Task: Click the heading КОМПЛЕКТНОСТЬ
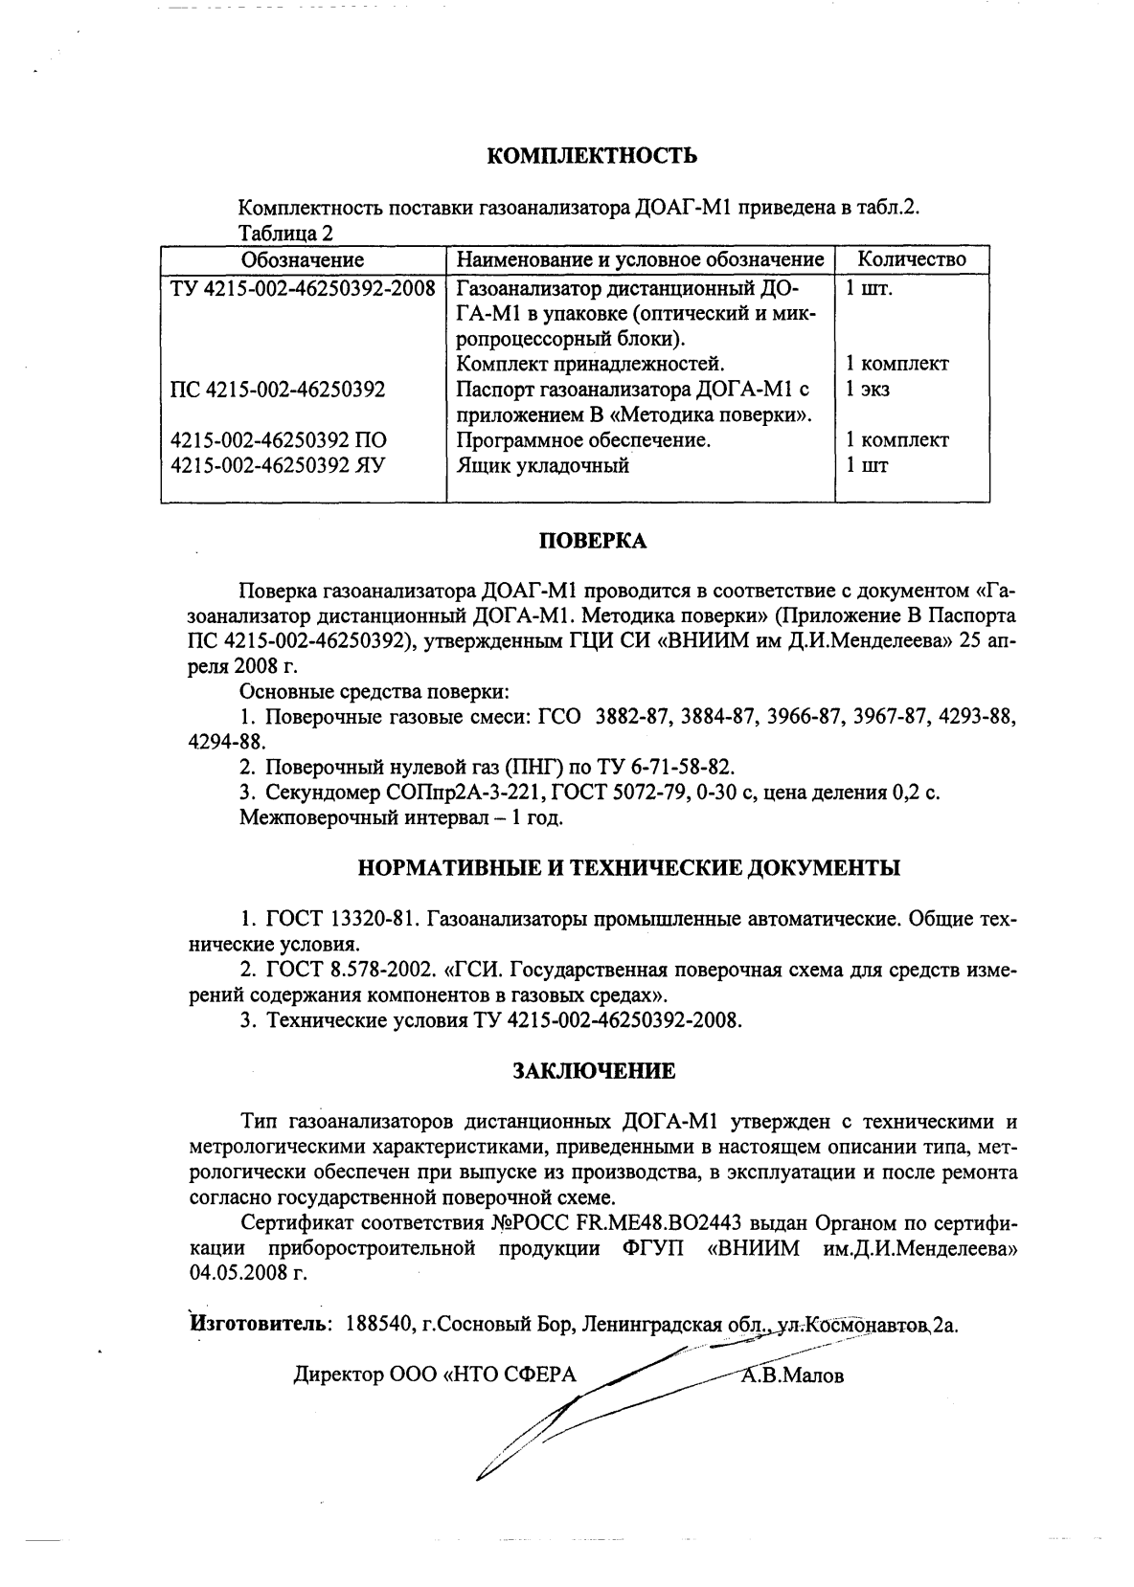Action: [592, 156]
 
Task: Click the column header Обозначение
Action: [302, 259]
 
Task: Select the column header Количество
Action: [911, 259]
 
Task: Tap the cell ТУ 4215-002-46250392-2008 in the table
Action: [303, 288]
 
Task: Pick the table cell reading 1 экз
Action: [867, 390]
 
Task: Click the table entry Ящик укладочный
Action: [542, 466]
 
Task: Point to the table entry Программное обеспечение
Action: [583, 440]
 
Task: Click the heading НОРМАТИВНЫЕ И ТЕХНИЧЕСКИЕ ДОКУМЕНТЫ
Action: [628, 869]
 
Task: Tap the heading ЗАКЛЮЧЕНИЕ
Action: [594, 1071]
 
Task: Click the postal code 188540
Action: [377, 1326]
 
